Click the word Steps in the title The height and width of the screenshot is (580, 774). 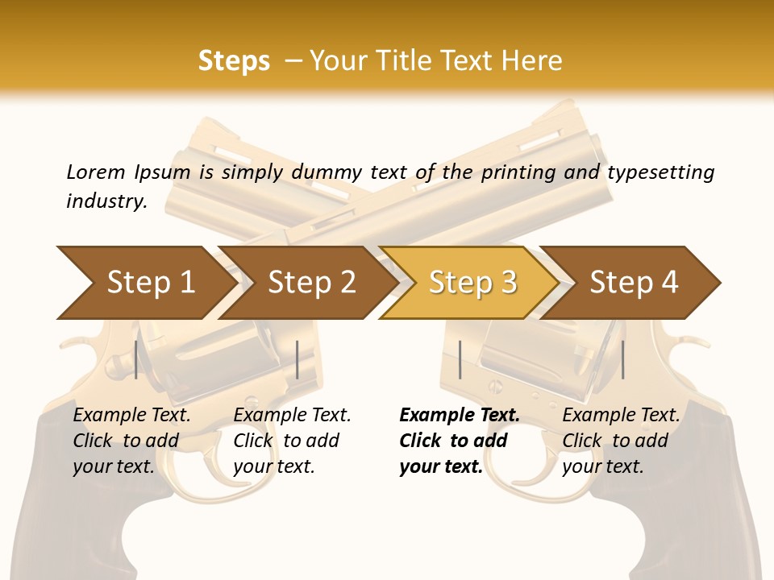coord(234,61)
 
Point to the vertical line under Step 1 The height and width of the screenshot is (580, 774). coord(136,359)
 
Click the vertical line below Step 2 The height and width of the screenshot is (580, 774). coord(298,359)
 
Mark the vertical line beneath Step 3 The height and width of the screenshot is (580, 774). coord(460,359)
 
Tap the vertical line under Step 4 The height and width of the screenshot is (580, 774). coord(622,359)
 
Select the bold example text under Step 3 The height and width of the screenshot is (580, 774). coord(460,441)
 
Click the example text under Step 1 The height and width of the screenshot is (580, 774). coord(131,441)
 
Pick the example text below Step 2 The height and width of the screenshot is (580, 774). coord(292,441)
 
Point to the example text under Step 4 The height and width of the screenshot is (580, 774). coord(621,441)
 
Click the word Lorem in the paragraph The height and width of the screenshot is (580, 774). coord(95,172)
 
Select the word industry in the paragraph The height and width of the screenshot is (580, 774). coord(106,201)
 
